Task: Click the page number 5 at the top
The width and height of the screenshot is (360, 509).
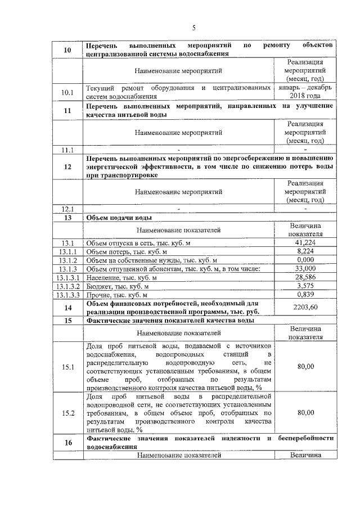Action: (x=193, y=28)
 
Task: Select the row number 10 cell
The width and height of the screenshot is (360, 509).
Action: (x=67, y=49)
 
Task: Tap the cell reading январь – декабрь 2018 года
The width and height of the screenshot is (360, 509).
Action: (x=305, y=92)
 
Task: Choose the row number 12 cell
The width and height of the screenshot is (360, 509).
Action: (x=67, y=166)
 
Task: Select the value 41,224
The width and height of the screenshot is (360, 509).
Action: (x=305, y=242)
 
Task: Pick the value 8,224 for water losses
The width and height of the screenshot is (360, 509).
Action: (x=305, y=251)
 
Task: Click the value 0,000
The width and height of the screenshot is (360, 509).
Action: (x=305, y=260)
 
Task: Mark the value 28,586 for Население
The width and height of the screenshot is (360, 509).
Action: (x=305, y=277)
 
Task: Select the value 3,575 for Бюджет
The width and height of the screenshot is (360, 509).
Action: (x=305, y=286)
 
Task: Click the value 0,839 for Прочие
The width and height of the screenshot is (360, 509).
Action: (x=305, y=294)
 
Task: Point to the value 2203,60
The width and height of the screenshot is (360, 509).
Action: (x=305, y=307)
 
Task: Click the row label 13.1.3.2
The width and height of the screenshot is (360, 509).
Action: (x=67, y=286)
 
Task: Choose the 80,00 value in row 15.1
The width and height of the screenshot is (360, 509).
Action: (x=305, y=366)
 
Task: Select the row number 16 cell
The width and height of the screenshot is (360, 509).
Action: (x=67, y=443)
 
